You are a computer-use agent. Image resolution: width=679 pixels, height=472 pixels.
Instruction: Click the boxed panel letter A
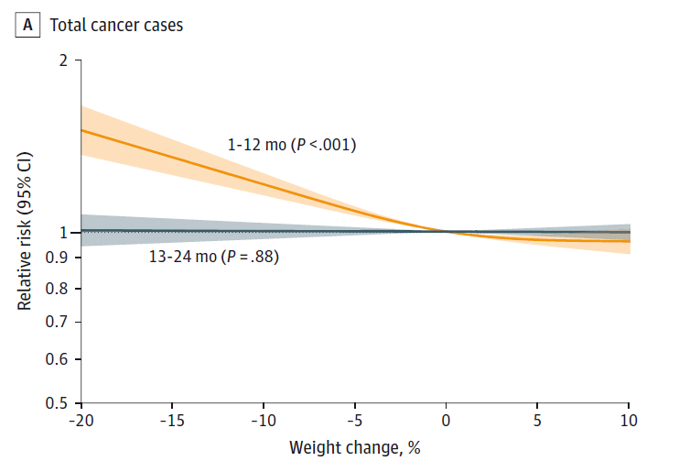coord(29,25)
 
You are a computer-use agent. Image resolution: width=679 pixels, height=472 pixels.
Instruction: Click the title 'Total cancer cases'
coord(116,25)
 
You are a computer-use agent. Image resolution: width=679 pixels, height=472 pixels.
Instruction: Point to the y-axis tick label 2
coord(63,60)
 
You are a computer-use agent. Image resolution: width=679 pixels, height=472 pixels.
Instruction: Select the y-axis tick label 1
coord(64,232)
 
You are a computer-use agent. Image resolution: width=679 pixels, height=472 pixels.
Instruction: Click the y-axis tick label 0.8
coord(58,289)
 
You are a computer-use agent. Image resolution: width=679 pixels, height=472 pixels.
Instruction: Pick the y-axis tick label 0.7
coord(58,322)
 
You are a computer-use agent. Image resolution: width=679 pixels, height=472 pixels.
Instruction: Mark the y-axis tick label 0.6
coord(58,359)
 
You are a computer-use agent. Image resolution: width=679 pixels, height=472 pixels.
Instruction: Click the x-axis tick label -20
coord(81,423)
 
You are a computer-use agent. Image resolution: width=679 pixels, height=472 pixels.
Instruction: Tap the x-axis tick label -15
coord(172,423)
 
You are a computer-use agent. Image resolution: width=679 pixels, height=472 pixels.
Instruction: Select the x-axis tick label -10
coord(264,423)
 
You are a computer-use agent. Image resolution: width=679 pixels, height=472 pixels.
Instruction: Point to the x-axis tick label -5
coord(355,423)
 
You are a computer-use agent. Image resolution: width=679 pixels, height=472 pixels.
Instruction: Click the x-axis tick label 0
coord(447,423)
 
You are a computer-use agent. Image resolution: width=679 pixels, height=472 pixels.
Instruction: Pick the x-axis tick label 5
coord(538,423)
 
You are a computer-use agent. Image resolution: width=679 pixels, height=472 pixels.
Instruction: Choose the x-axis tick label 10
coord(629,423)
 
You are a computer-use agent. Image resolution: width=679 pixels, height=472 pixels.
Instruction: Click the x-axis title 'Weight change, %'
coord(355,449)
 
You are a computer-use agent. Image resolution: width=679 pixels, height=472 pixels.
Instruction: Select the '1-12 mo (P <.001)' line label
coord(292,145)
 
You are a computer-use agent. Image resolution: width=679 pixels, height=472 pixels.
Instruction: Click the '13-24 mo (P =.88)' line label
coord(214,258)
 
